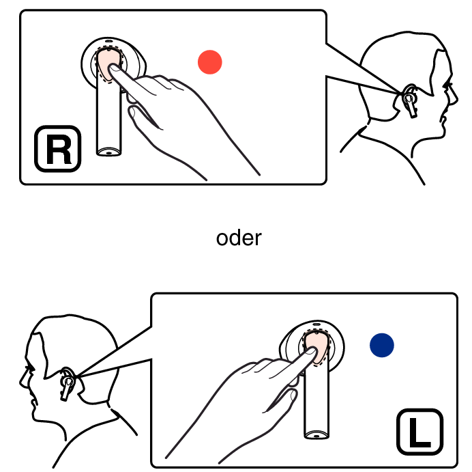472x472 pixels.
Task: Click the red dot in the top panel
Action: pyautogui.click(x=210, y=62)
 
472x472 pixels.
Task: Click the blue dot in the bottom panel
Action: pyautogui.click(x=382, y=345)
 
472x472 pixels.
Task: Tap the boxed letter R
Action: pyautogui.click(x=58, y=149)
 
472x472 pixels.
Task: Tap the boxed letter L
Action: pyautogui.click(x=420, y=432)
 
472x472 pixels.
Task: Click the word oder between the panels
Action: pyautogui.click(x=239, y=238)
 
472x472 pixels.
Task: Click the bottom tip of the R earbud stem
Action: pyautogui.click(x=108, y=153)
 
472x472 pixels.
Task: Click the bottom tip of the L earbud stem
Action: pyautogui.click(x=316, y=436)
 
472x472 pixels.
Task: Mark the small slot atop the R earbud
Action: pyautogui.click(x=108, y=41)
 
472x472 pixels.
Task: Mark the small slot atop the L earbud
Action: pyautogui.click(x=316, y=324)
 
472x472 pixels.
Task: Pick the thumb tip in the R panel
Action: pyautogui.click(x=132, y=111)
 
